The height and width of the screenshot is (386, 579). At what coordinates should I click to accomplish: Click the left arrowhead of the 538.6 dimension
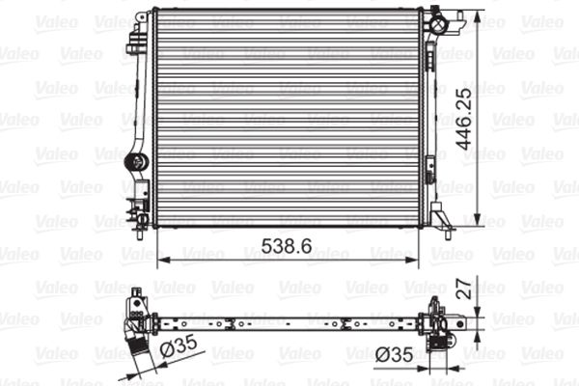pyautogui.click(x=161, y=259)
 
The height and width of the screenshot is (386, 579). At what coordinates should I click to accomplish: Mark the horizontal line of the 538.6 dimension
pyautogui.click(x=222, y=259)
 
